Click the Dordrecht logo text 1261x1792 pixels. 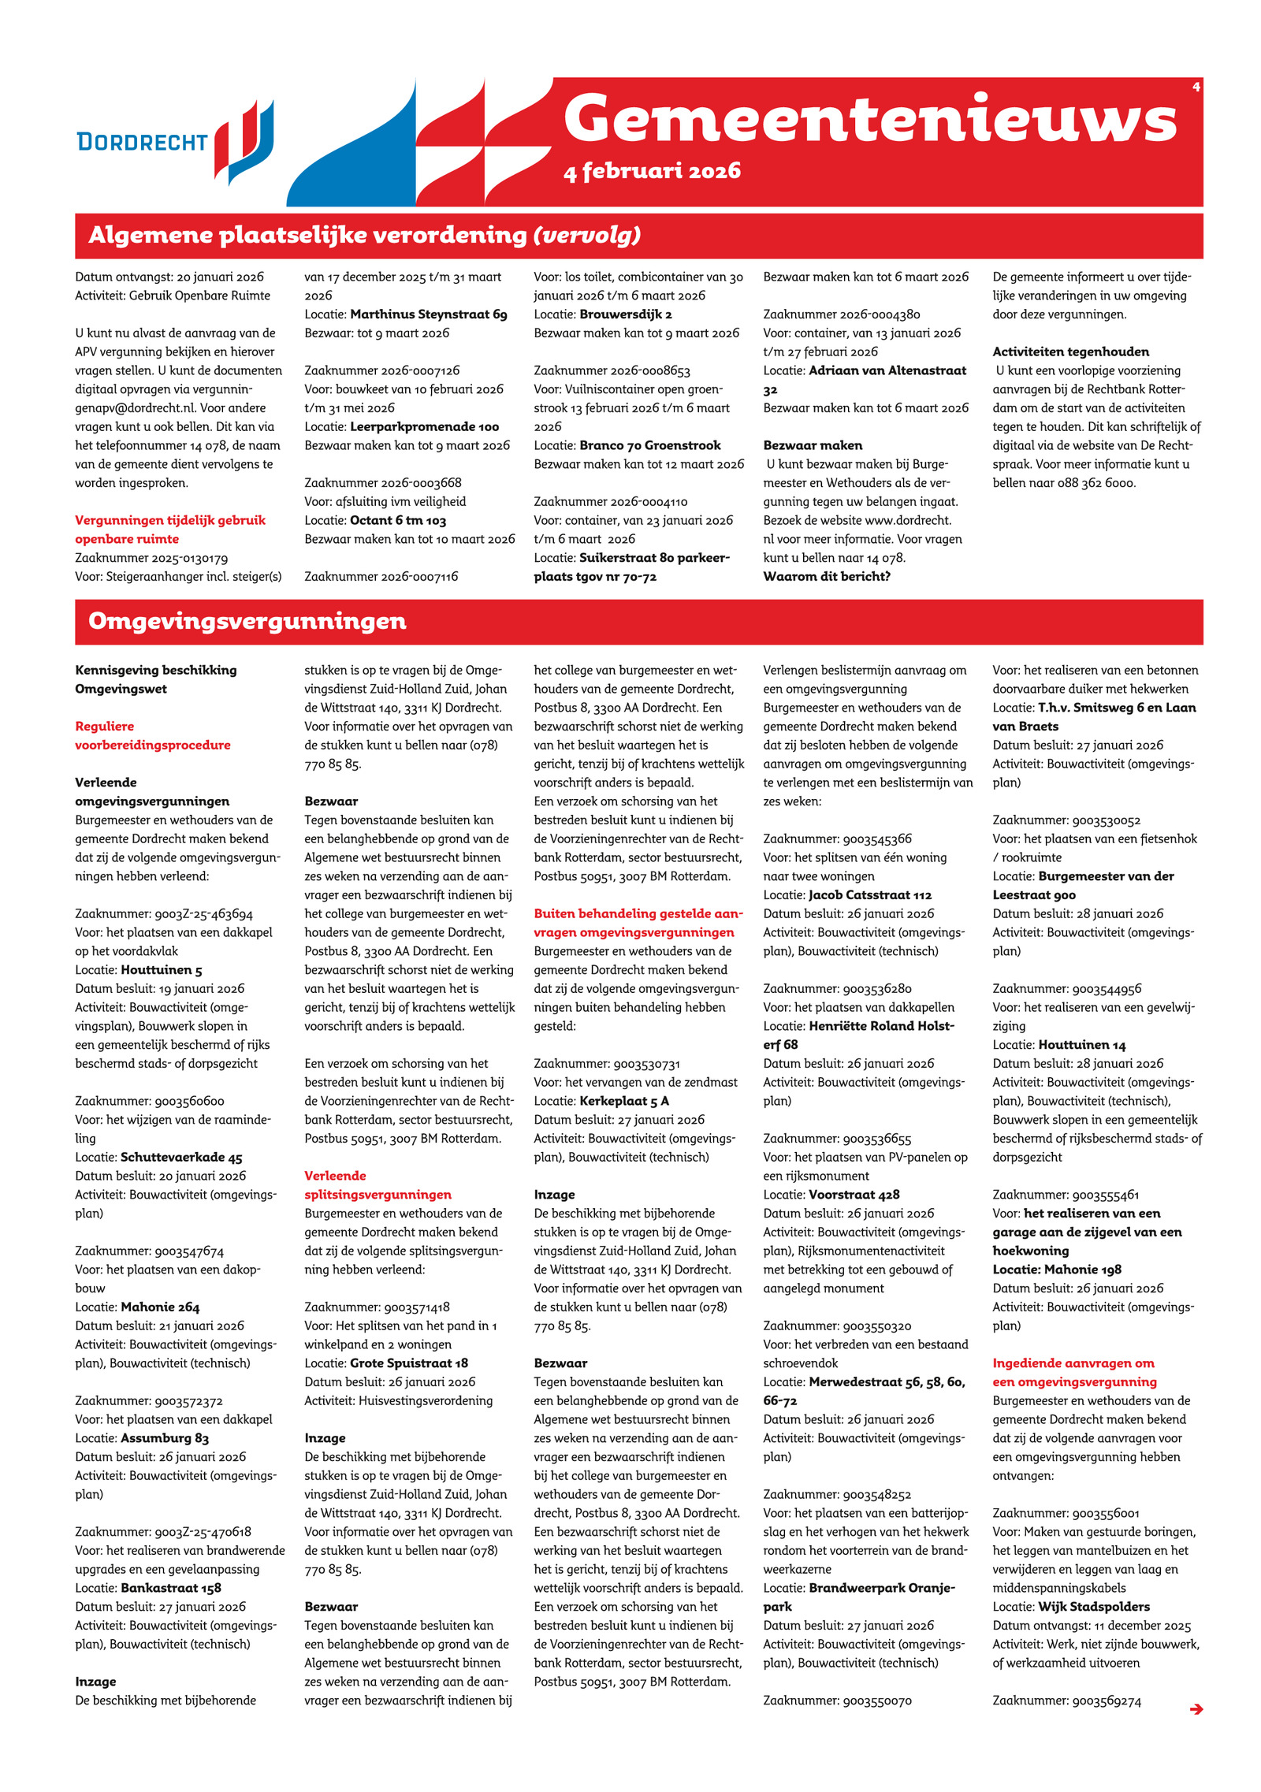(x=142, y=142)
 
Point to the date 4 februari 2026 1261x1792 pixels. (x=652, y=171)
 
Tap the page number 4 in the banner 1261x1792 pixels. (x=1196, y=87)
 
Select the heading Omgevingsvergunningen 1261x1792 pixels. (x=247, y=621)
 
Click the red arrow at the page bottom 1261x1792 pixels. (x=1196, y=1708)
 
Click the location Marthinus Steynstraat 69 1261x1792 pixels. (x=428, y=314)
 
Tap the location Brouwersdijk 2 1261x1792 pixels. (x=625, y=314)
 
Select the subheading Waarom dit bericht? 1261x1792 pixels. (x=826, y=577)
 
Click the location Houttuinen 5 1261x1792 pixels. (x=161, y=970)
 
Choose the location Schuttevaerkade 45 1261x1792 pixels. (x=181, y=1158)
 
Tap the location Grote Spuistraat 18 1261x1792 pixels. (x=408, y=1363)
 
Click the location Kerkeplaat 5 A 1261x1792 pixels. (x=623, y=1101)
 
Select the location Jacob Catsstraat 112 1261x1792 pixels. (x=869, y=895)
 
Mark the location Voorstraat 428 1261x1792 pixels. (x=854, y=1195)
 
